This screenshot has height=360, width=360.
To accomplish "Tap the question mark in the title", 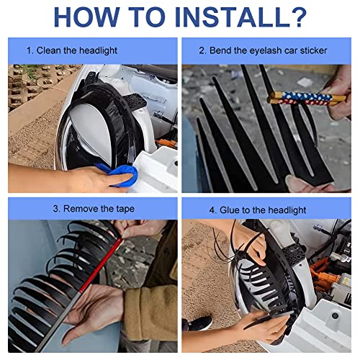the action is click(x=297, y=17).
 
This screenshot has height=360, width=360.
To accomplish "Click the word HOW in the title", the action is click(x=86, y=17).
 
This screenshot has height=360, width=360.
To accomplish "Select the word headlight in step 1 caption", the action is click(x=98, y=50).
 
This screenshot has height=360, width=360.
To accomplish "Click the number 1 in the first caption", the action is click(x=30, y=51).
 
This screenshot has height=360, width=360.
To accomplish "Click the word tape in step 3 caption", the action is click(x=125, y=209).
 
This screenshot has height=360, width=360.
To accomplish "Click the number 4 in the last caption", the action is click(x=212, y=210).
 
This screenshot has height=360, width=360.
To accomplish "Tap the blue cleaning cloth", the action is click(x=120, y=174).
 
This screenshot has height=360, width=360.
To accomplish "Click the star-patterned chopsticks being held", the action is click(x=307, y=98).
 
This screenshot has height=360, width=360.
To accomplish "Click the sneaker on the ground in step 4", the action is click(x=197, y=323).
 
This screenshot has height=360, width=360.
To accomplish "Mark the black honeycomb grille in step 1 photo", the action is click(x=135, y=101).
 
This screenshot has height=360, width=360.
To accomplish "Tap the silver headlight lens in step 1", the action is click(x=91, y=131).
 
